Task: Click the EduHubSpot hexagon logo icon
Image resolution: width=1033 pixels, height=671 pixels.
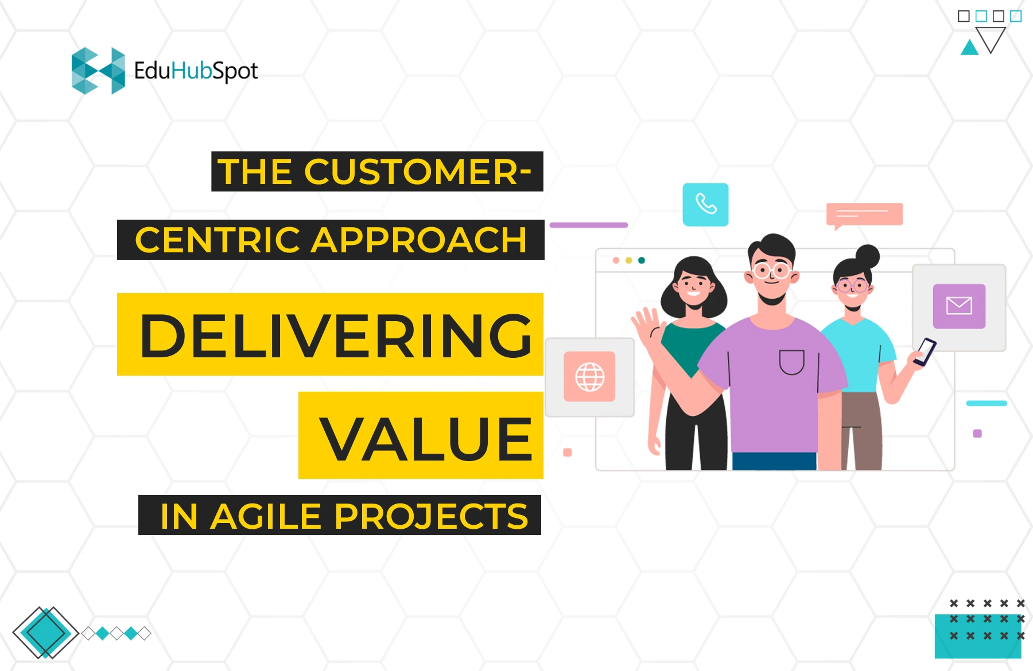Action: pos(98,71)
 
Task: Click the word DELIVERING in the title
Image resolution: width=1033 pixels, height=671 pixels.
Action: pos(336,336)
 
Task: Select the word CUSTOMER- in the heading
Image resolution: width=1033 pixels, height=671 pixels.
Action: pos(417,171)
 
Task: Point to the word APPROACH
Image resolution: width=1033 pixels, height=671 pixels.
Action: pos(419,240)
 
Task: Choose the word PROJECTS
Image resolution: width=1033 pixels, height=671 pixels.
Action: pos(431,516)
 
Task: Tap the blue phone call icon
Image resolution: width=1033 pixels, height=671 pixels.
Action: pos(705,204)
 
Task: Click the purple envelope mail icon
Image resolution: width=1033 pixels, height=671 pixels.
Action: pos(958,306)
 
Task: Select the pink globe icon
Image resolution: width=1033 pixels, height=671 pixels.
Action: pos(589,376)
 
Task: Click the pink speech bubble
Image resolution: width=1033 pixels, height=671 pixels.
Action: pos(864,214)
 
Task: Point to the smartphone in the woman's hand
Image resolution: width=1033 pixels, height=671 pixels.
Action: pos(925,351)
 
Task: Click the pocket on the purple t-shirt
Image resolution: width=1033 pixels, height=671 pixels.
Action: pos(791,362)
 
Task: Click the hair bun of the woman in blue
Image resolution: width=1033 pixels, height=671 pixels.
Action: pos(867,256)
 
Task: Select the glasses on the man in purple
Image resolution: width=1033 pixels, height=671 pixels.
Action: pos(772,270)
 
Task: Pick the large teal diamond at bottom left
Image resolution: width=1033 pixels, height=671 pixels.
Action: pos(45,633)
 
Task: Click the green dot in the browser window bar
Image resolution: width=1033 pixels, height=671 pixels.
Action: pos(642,260)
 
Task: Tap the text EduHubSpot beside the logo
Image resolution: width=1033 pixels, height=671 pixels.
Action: pos(196,71)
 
